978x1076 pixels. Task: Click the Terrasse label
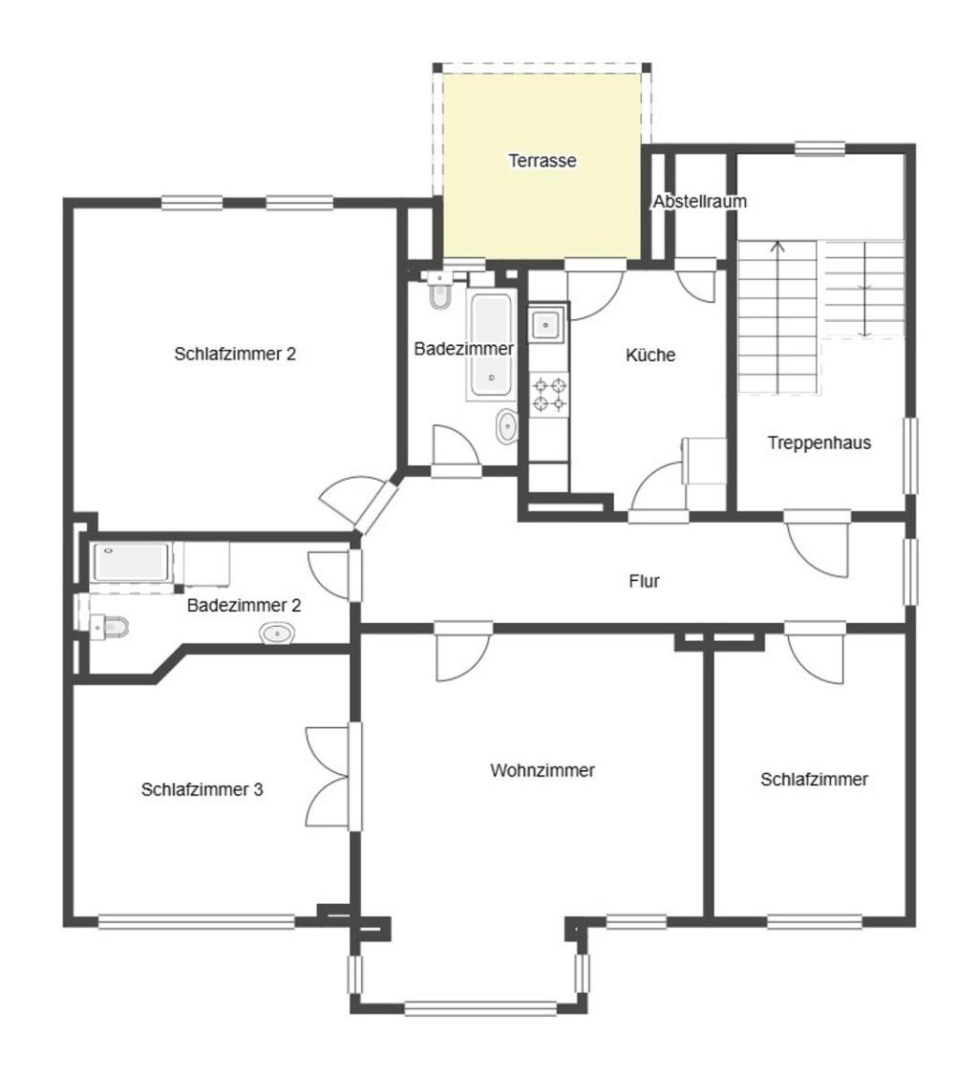[x=542, y=161]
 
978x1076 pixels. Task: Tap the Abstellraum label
[x=699, y=202]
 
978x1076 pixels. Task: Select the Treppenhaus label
[x=819, y=442]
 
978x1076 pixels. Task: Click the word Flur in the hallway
[x=644, y=581]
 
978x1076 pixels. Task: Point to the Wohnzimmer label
[x=542, y=770]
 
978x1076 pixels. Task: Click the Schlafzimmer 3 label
[x=202, y=789]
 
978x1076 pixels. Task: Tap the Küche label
[x=650, y=355]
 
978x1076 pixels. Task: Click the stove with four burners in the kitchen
[x=548, y=394]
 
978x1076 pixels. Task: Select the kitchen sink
[x=546, y=324]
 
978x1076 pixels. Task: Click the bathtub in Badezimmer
[x=490, y=343]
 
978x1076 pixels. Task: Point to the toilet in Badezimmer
[x=439, y=289]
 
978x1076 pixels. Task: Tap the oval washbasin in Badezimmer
[x=506, y=426]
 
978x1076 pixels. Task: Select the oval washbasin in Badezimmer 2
[x=277, y=633]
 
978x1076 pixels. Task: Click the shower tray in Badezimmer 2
[x=131, y=562]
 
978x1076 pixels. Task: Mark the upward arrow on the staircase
[x=777, y=317]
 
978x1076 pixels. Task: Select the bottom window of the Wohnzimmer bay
[x=480, y=1008]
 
